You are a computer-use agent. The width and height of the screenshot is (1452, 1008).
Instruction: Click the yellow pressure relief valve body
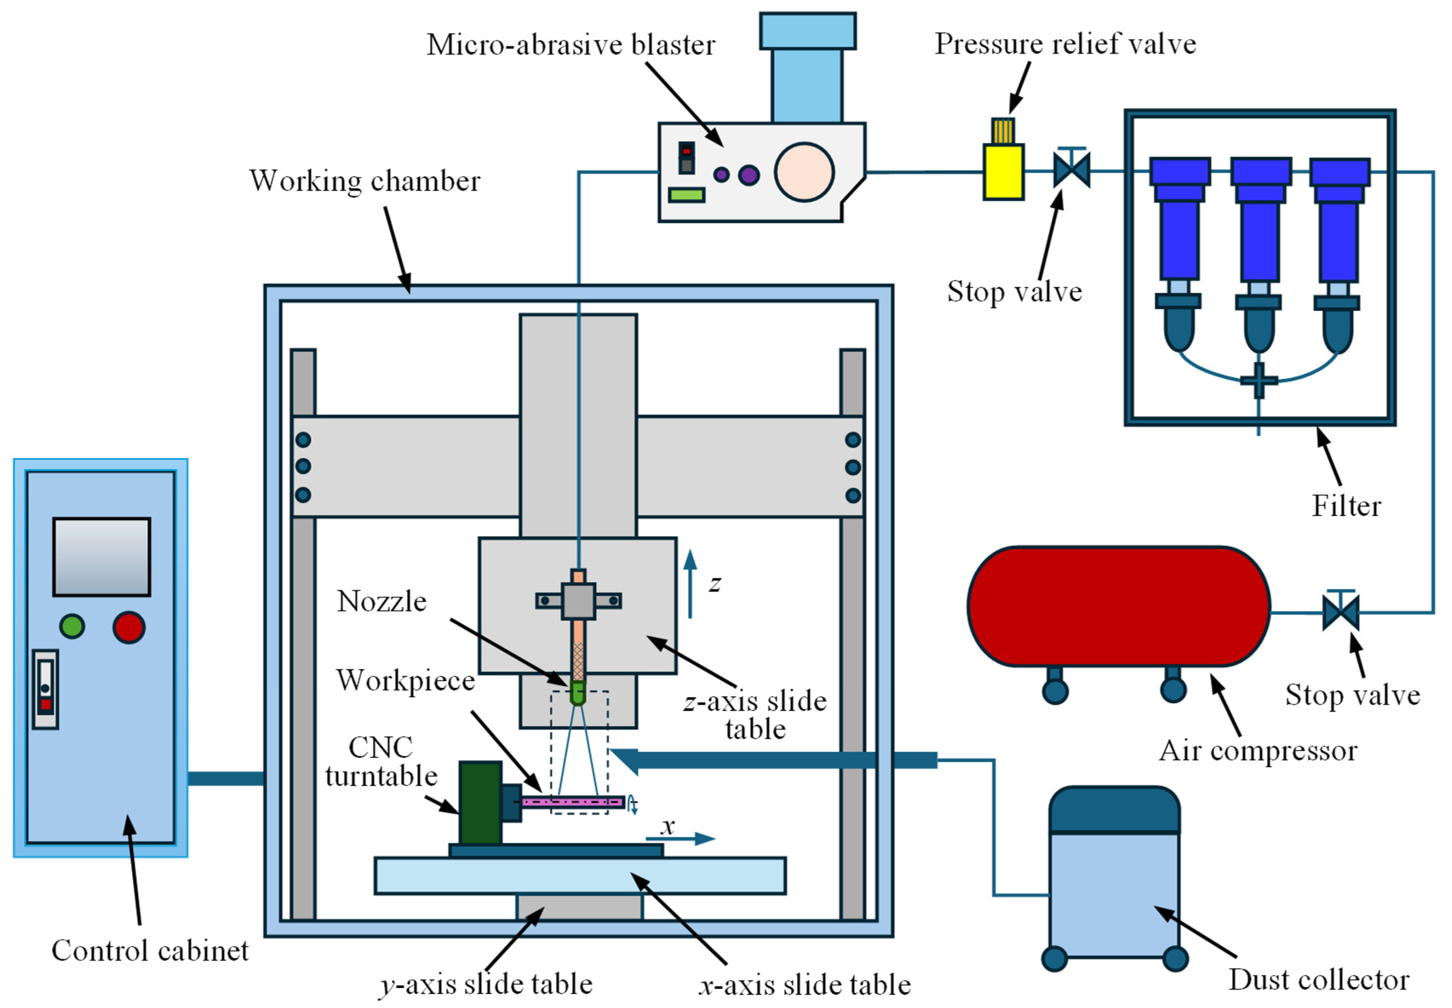[x=1002, y=172]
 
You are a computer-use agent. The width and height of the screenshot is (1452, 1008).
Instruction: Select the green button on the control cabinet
[x=72, y=626]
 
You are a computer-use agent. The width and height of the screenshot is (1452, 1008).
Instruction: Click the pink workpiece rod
[x=572, y=802]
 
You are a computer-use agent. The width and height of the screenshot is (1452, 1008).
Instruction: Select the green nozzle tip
[x=577, y=693]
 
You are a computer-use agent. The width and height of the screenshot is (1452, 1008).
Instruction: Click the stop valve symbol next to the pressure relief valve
[x=1072, y=170]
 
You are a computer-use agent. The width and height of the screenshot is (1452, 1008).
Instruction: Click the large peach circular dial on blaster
[x=804, y=172]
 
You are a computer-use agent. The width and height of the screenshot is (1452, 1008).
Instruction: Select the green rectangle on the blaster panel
[x=687, y=195]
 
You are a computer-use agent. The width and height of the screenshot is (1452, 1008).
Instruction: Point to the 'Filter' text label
[x=1346, y=506]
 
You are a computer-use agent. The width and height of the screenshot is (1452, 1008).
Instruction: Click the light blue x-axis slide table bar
[x=580, y=875]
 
